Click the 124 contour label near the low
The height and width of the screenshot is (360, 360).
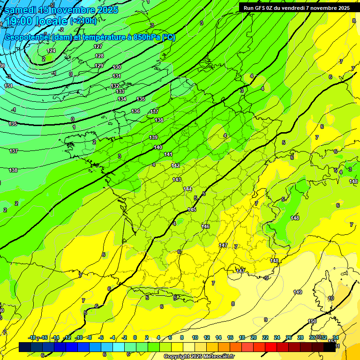pos(52,51)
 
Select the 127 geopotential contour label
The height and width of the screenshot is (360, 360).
pos(98,46)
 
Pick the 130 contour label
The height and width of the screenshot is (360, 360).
pos(117,67)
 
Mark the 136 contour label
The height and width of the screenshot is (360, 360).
pos(135,111)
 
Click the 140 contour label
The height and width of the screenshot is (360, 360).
pos(158,147)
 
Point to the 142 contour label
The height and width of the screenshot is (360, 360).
pos(175,165)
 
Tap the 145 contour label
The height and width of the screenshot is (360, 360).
pos(192,210)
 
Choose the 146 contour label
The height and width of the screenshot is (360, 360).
pos(205,226)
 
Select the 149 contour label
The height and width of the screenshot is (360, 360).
pos(298,292)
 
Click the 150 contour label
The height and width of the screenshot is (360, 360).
pos(312,321)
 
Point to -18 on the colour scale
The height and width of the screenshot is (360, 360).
pos(32,338)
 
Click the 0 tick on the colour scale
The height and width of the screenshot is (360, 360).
pos(135,338)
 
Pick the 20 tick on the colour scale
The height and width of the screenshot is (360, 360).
pos(253,338)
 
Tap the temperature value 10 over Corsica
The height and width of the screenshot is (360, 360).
pos(331,298)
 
